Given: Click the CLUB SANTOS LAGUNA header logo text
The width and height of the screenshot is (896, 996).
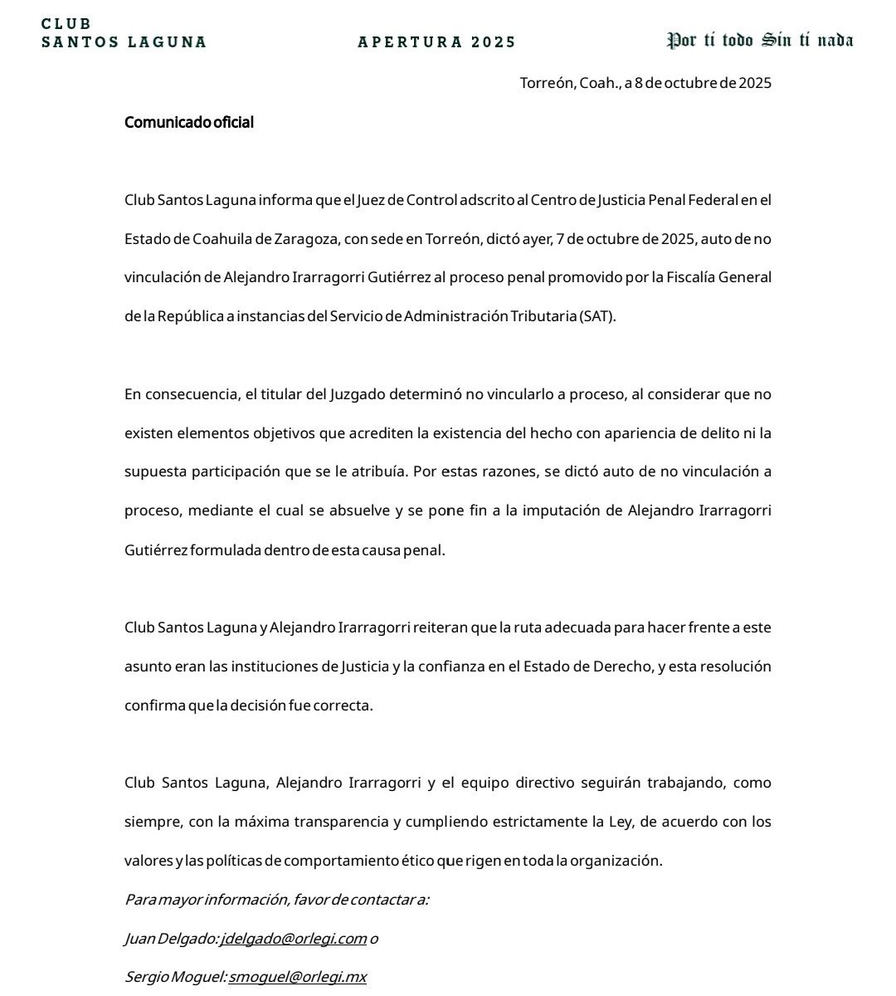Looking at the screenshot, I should click(x=124, y=33).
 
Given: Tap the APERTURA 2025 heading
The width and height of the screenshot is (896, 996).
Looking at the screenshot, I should click(x=436, y=41).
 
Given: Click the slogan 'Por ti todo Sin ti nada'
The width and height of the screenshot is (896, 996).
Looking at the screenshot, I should click(x=760, y=40).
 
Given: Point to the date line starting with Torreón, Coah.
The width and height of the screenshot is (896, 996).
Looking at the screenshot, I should click(x=645, y=83).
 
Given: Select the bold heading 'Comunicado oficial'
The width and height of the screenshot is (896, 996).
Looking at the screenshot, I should click(x=189, y=122).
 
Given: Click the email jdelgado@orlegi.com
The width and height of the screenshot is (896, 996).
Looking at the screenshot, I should click(x=294, y=939).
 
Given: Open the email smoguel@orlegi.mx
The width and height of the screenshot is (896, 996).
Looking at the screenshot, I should click(x=297, y=977).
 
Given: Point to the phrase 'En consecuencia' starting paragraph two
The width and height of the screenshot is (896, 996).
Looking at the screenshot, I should click(x=179, y=394).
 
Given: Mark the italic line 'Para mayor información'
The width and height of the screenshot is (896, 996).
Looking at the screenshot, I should click(x=276, y=900).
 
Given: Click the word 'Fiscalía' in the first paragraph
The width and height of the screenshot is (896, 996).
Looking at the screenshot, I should click(x=694, y=277).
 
